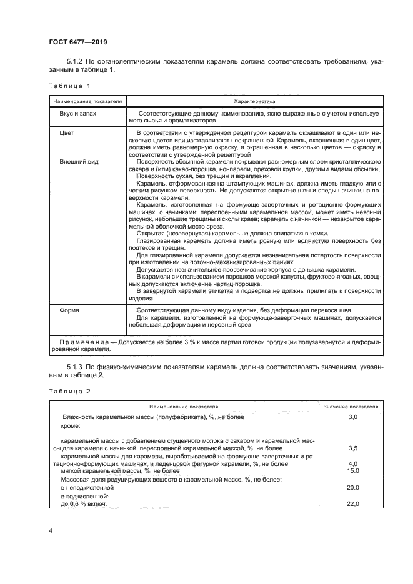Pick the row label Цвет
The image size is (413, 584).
[x=67, y=134]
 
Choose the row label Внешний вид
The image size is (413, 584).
[x=78, y=162]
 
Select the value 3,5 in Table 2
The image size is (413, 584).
[x=352, y=448]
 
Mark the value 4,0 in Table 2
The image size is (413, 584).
[x=352, y=464]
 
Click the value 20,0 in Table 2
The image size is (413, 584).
[x=352, y=487]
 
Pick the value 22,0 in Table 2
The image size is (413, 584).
[x=352, y=503]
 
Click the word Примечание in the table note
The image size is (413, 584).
[x=84, y=342]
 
